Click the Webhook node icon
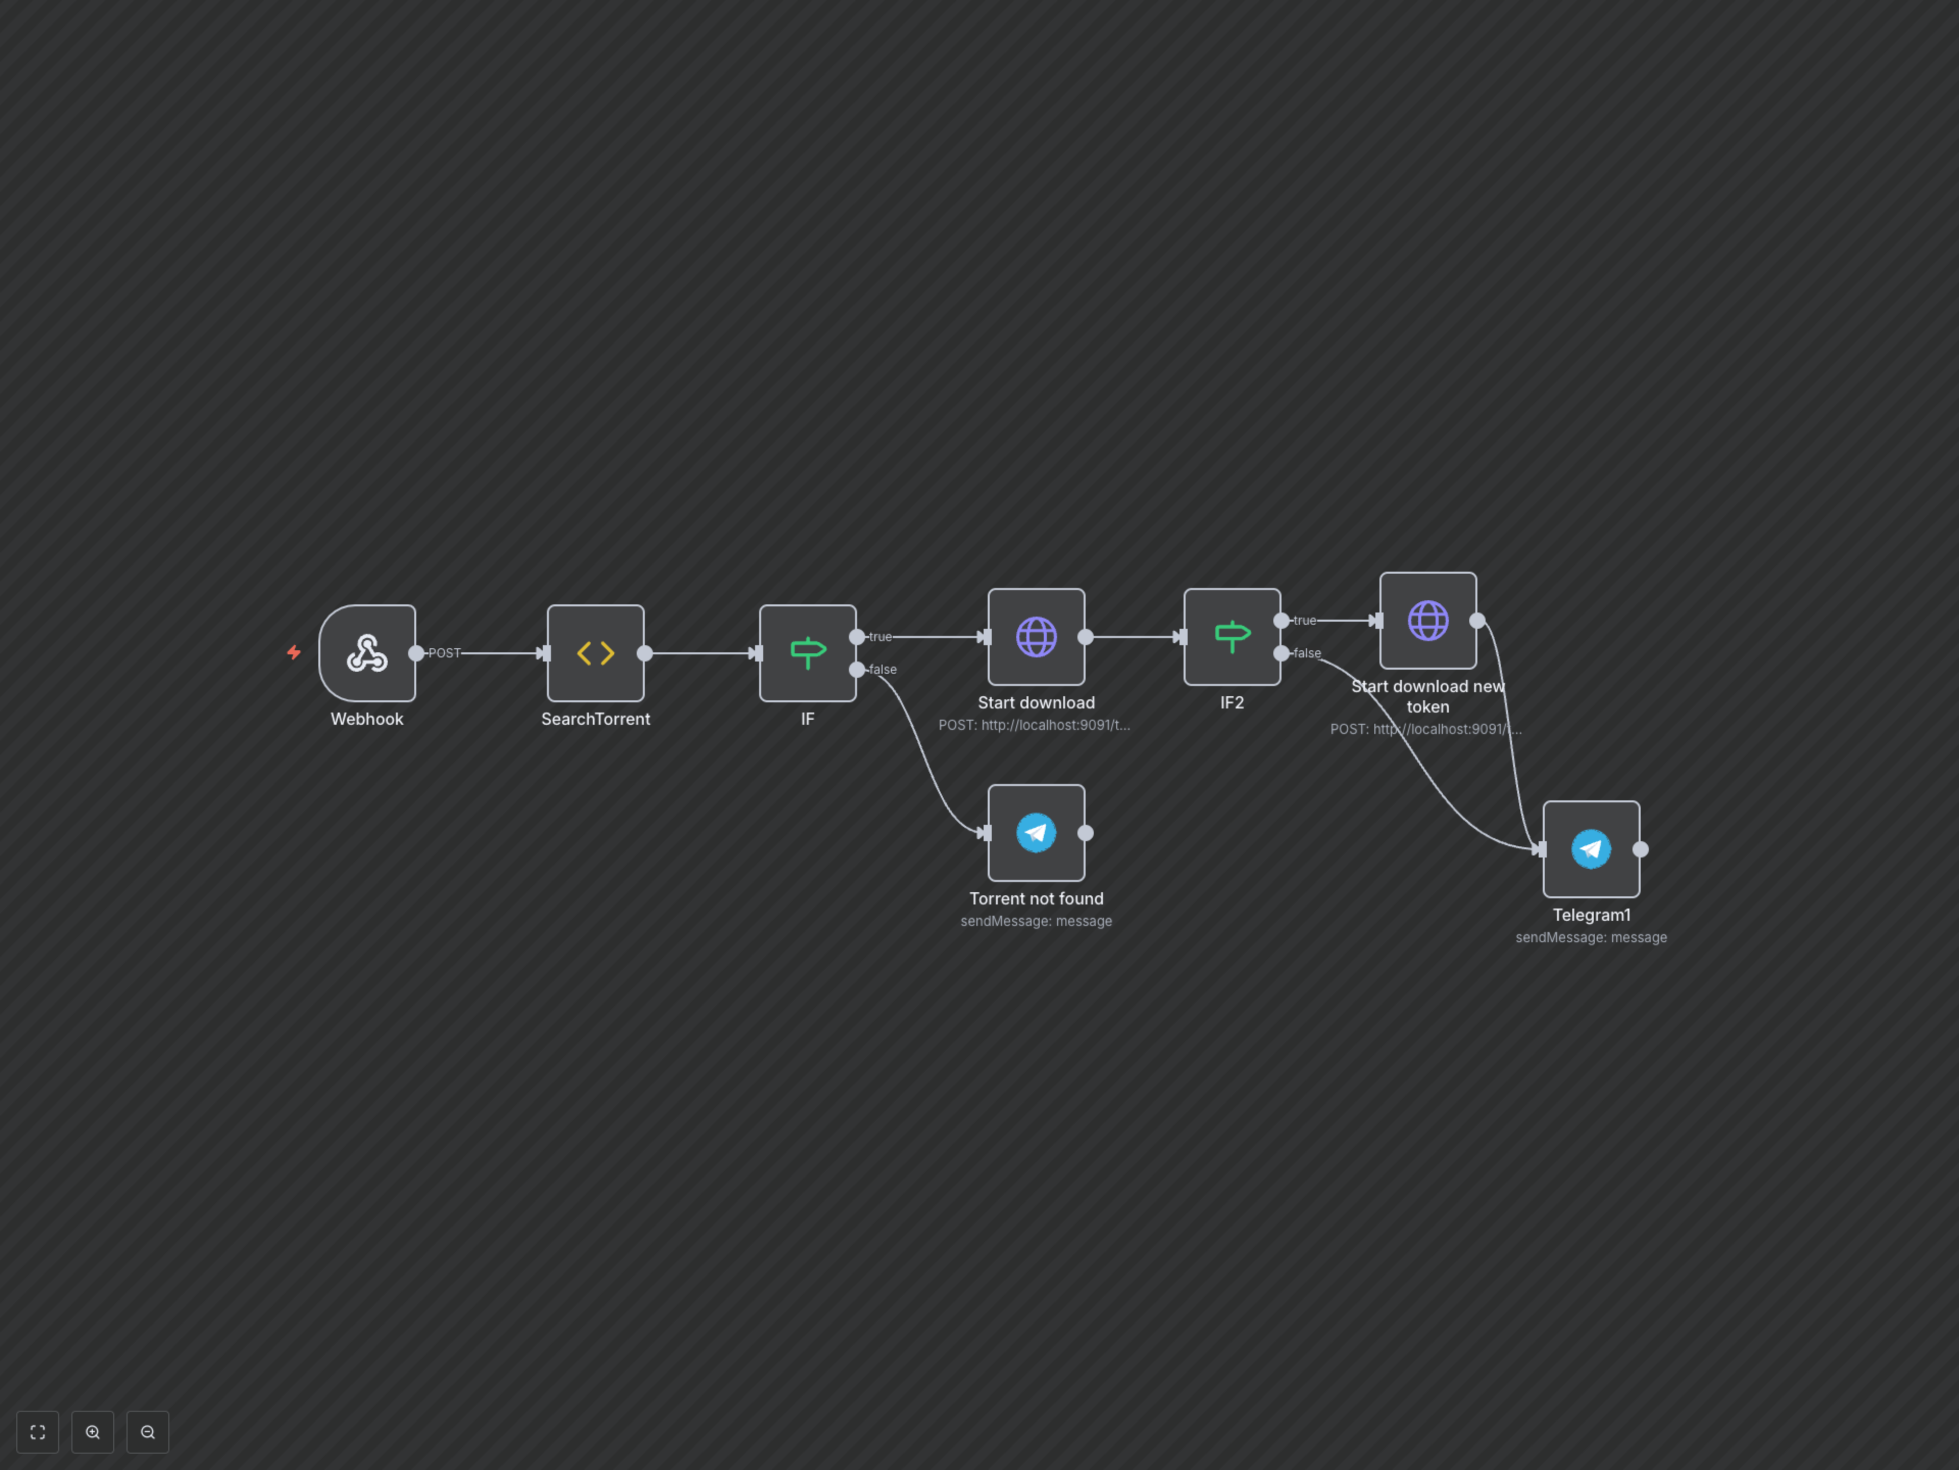(367, 653)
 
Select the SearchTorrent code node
(595, 653)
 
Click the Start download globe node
(1036, 636)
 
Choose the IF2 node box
(1232, 636)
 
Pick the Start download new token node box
(1427, 620)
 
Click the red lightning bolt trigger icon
(294, 653)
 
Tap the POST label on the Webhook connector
(444, 653)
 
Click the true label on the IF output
(881, 636)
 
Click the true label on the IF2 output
(1304, 620)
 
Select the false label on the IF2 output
(1307, 653)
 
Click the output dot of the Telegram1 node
(1640, 849)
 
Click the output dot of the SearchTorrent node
(645, 653)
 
